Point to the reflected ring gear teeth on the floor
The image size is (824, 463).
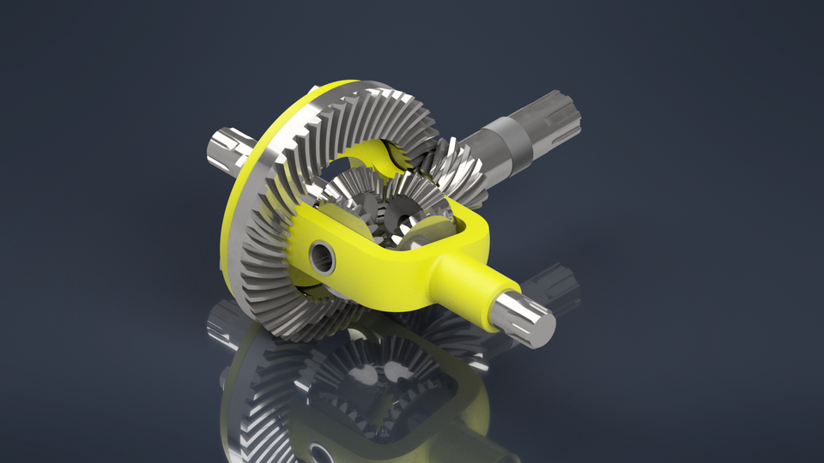[257, 386]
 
